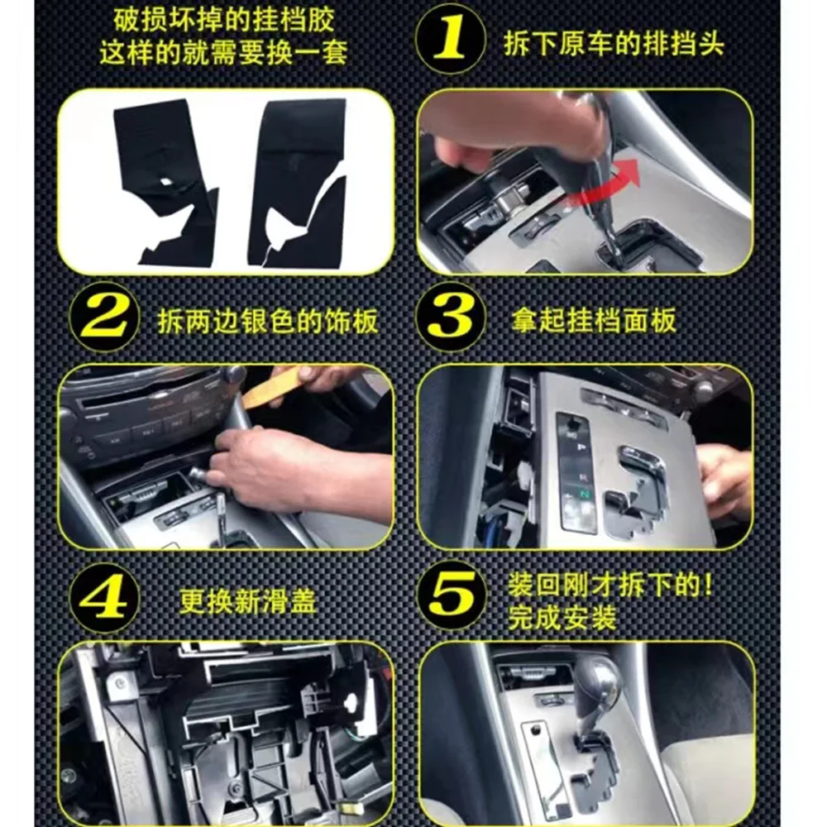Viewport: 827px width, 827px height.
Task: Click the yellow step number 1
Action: [x=450, y=37]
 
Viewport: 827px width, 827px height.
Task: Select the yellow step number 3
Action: [x=450, y=316]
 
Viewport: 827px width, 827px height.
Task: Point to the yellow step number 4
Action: [x=104, y=597]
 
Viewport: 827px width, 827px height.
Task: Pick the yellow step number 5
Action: [x=451, y=595]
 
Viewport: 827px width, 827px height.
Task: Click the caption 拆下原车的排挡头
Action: [x=614, y=43]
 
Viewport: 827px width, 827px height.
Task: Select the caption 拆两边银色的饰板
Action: [x=268, y=320]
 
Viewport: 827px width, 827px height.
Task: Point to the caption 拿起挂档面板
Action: [x=593, y=320]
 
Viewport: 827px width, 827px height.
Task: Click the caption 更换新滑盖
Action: [x=247, y=600]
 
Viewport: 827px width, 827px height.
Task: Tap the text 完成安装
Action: [x=562, y=618]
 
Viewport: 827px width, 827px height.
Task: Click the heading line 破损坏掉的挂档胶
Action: [x=224, y=21]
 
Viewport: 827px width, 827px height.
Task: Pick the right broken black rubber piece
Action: [x=297, y=182]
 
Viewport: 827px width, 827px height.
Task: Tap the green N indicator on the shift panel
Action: [x=584, y=495]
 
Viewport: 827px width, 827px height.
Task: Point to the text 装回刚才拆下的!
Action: [x=610, y=586]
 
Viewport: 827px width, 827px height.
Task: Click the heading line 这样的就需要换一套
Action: [x=224, y=52]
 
